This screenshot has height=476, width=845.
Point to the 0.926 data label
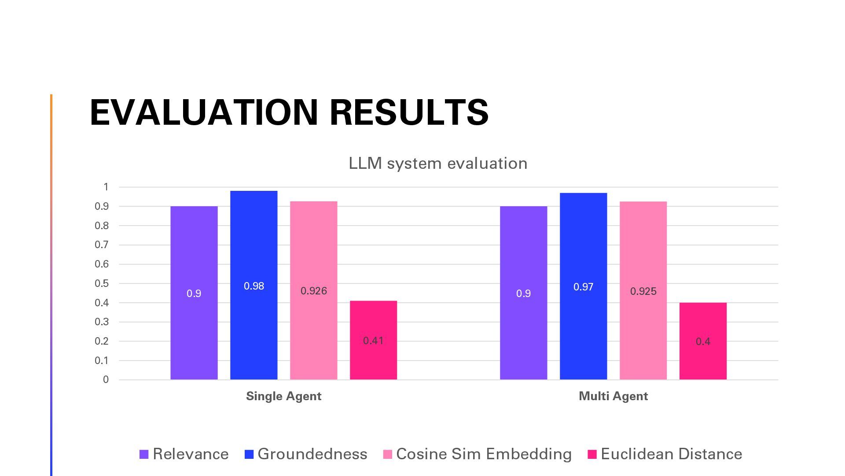pyautogui.click(x=314, y=291)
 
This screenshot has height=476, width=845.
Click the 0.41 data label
pyautogui.click(x=373, y=341)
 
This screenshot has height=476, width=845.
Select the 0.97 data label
pyautogui.click(x=583, y=287)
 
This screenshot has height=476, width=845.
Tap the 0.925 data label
pyautogui.click(x=643, y=291)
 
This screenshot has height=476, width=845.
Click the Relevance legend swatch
pyautogui.click(x=144, y=454)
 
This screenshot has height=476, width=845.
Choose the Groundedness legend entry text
pyautogui.click(x=312, y=454)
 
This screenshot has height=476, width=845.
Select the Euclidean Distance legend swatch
pyautogui.click(x=592, y=454)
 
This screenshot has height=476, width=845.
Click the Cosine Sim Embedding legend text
pyautogui.click(x=484, y=454)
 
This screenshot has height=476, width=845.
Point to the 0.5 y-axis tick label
pyautogui.click(x=102, y=283)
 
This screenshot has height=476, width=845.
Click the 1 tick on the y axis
pyautogui.click(x=106, y=187)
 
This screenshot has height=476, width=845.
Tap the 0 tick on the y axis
pyautogui.click(x=106, y=379)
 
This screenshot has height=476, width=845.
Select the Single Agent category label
pyautogui.click(x=283, y=396)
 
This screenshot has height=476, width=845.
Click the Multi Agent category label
pyautogui.click(x=613, y=396)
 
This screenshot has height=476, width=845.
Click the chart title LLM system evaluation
pyautogui.click(x=438, y=164)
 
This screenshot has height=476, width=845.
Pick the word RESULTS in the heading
pyautogui.click(x=409, y=112)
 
